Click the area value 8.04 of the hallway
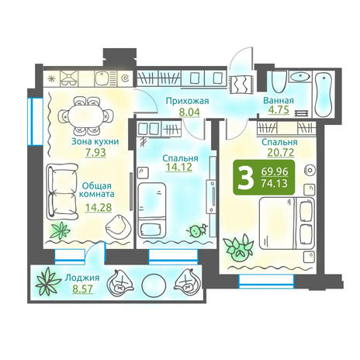pos(189,112)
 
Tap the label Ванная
pos(279,100)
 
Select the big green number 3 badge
pos(264,177)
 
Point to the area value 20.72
pos(281,152)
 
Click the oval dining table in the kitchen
pos(86,116)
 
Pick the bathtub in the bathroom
pos(324,95)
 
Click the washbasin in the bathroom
pos(299,76)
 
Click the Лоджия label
pos(82,278)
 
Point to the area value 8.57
pos(82,289)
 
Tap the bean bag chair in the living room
pos(118,227)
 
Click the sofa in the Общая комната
pos(62,192)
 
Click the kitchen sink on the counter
pos(103,78)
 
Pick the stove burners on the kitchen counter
pos(68,78)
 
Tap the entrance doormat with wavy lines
pos(241,84)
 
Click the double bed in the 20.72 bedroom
pos(286,223)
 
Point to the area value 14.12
pos(178,167)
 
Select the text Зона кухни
pos(95,141)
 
